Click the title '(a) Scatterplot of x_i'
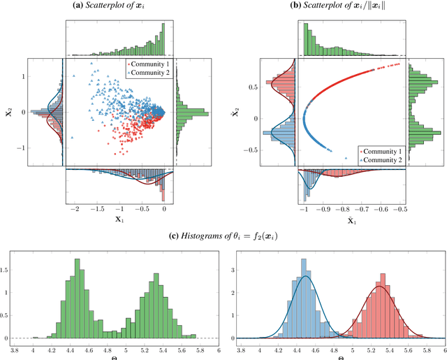(x=115, y=6)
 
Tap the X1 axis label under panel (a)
(x=119, y=218)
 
